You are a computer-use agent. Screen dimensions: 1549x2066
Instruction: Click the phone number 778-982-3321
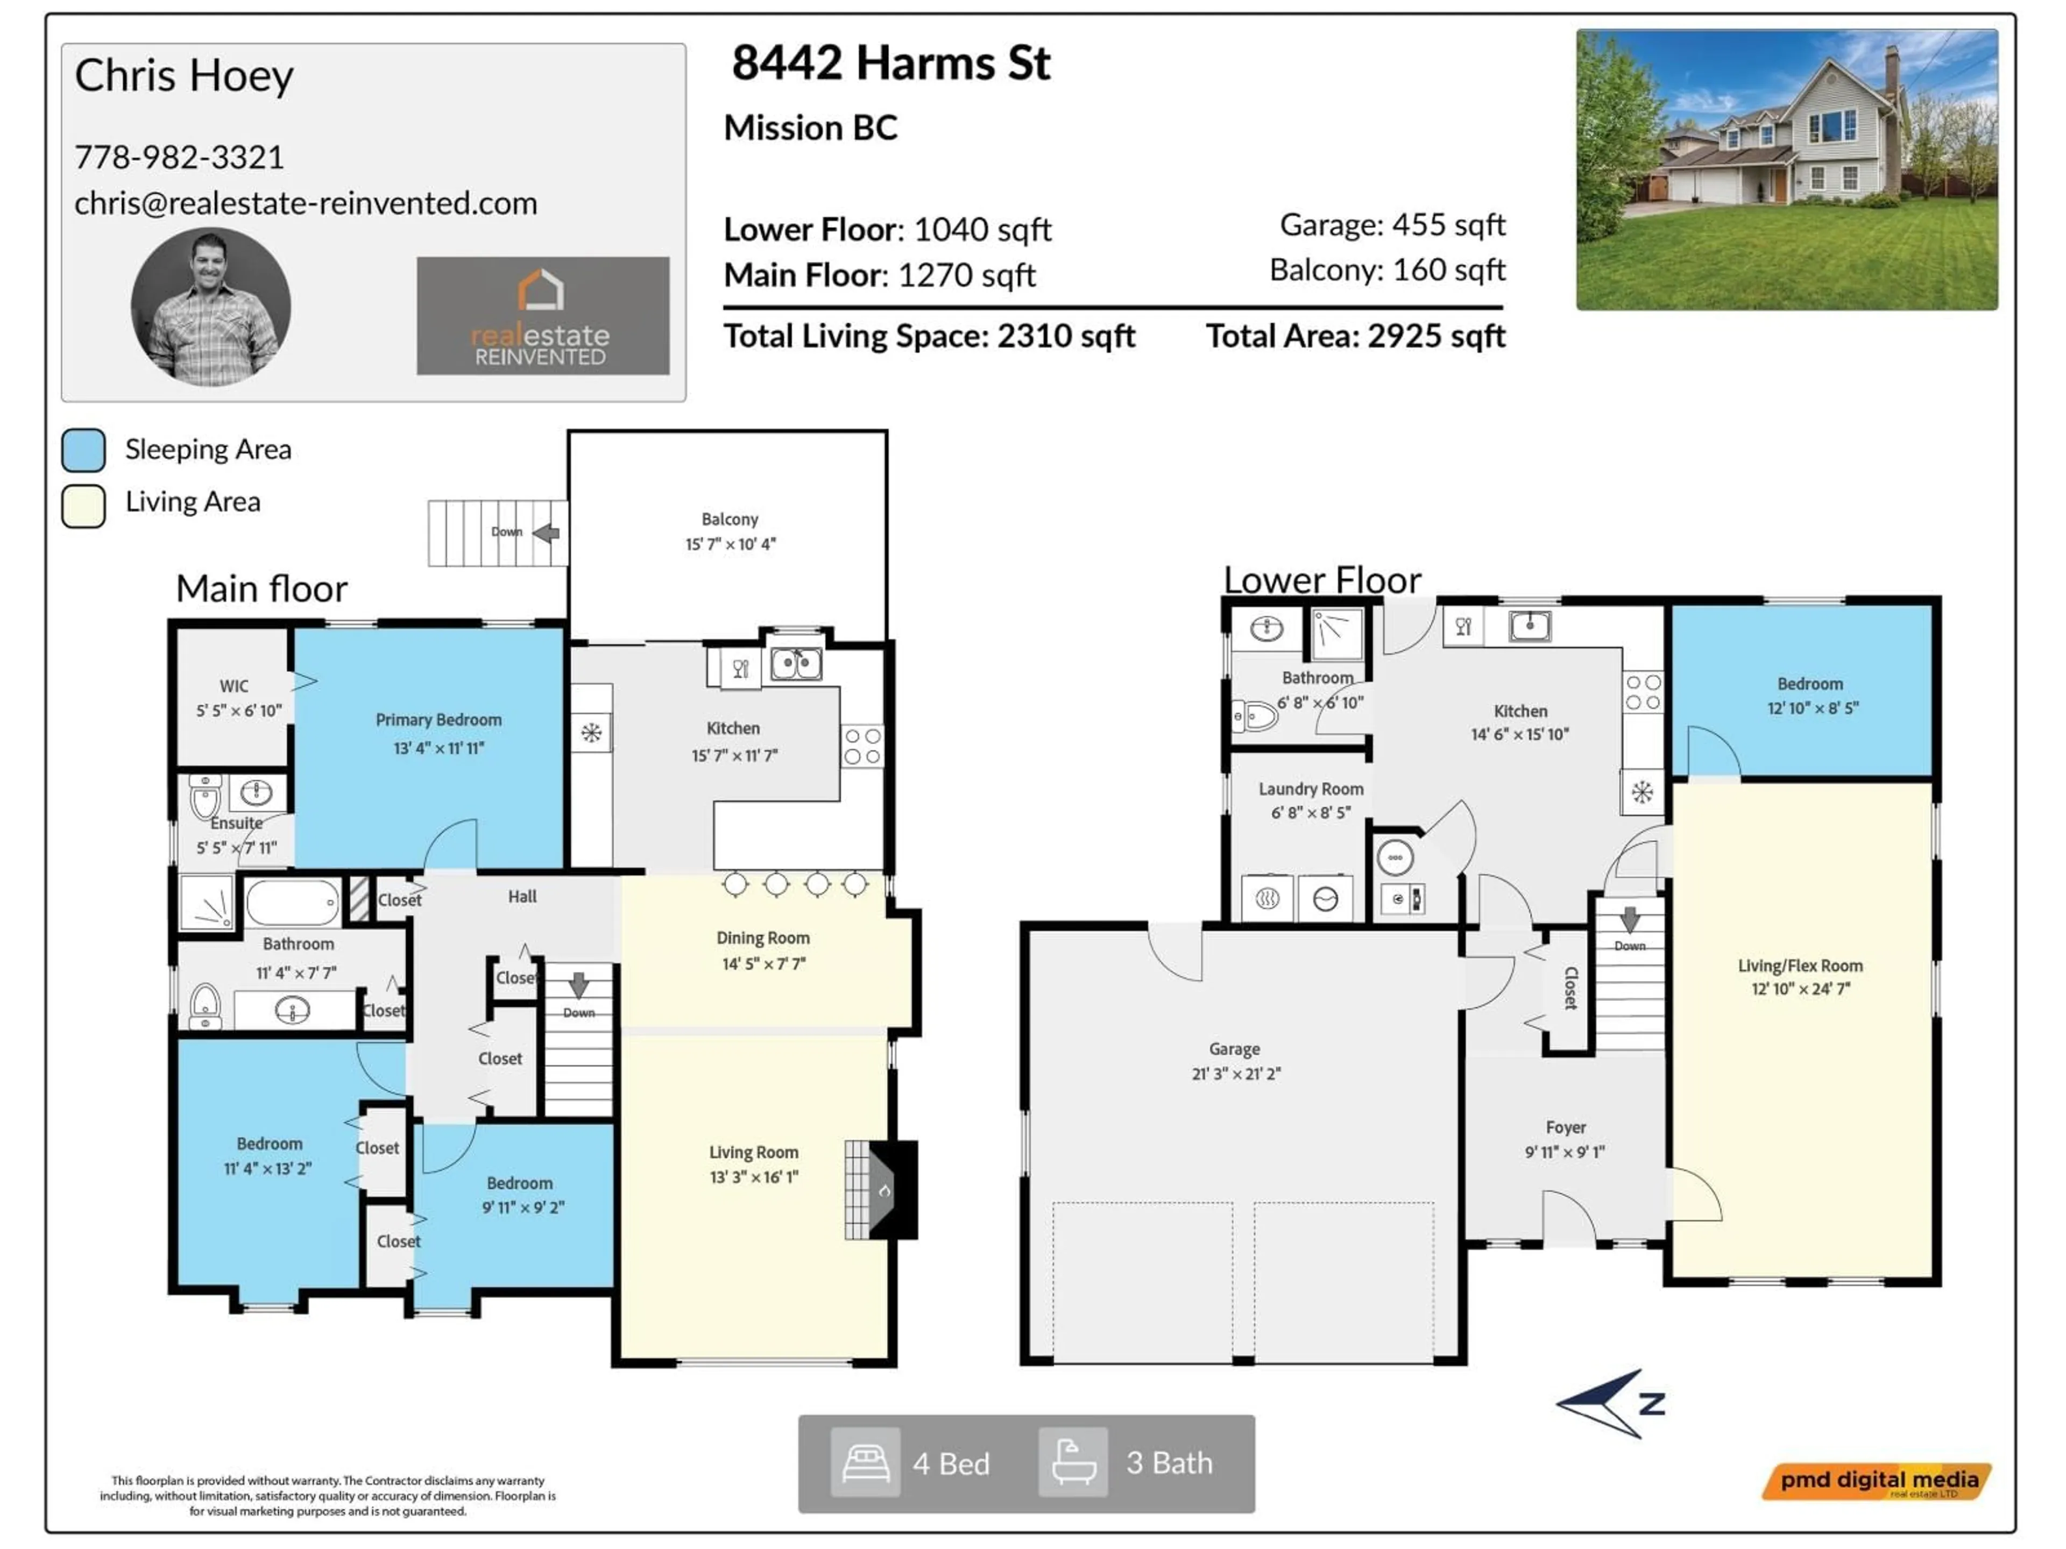click(x=179, y=157)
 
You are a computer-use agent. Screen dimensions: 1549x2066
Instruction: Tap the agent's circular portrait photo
click(x=210, y=307)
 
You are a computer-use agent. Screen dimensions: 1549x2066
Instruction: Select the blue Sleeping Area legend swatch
click(x=83, y=450)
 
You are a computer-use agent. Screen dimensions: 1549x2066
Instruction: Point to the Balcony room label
click(x=730, y=519)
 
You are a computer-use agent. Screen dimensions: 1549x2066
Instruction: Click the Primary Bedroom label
click(x=438, y=720)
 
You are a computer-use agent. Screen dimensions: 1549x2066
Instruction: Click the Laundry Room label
click(x=1311, y=789)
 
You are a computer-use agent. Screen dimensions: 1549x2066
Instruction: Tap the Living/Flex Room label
click(x=1799, y=965)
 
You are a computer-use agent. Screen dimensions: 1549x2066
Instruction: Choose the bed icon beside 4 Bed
click(x=865, y=1462)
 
